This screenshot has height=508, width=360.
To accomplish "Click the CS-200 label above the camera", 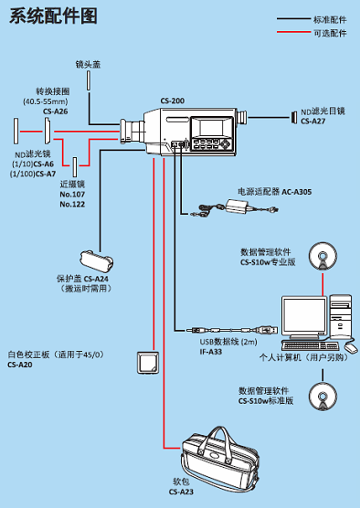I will [x=172, y=101].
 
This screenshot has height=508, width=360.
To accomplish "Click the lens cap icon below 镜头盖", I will [x=89, y=79].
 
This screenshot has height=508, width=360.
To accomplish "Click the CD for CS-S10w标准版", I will [x=323, y=396].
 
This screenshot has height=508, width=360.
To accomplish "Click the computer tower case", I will [x=339, y=315].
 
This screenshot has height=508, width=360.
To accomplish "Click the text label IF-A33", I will [x=211, y=351].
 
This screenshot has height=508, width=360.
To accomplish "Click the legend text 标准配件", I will [x=331, y=18].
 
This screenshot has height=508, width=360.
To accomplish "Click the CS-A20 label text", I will [x=20, y=364].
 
